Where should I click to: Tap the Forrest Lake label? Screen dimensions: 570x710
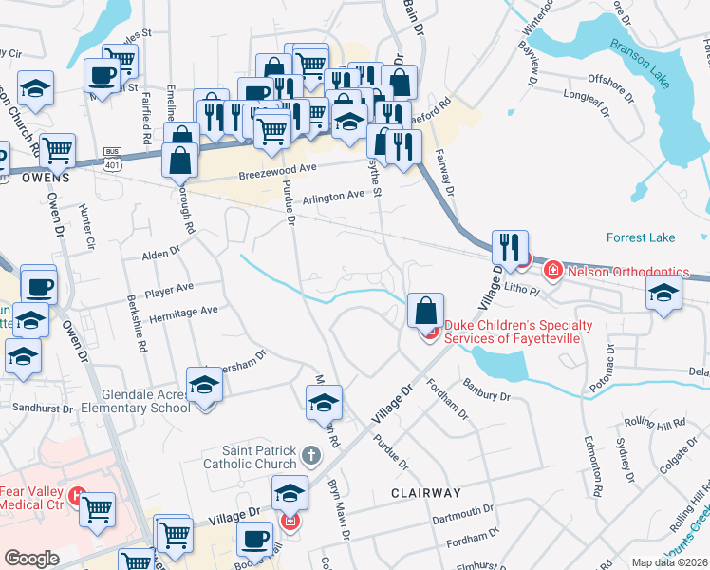point(642,237)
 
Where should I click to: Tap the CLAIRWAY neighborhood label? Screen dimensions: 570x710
point(426,493)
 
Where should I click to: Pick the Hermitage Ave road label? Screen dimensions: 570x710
point(182,311)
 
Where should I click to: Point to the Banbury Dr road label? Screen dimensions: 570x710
point(487,389)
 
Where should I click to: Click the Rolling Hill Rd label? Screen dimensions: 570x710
point(650,425)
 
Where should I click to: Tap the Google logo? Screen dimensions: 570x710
point(31,559)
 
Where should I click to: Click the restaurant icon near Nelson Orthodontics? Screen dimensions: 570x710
point(510,248)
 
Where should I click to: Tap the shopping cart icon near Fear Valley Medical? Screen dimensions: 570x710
point(97,509)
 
